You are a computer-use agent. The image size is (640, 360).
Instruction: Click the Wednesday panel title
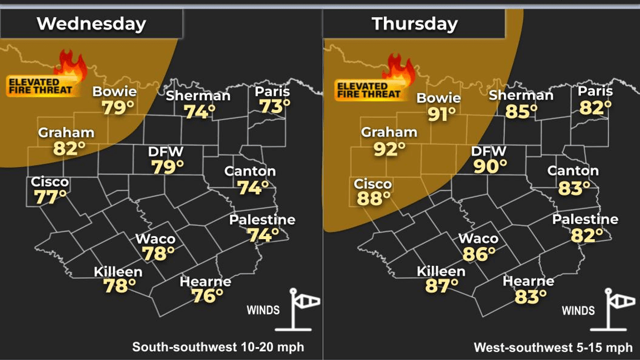click(92, 24)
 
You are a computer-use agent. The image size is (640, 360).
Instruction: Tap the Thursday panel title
click(414, 24)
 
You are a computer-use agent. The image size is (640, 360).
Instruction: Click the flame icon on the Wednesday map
click(70, 65)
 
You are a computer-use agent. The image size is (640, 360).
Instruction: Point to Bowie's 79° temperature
click(117, 108)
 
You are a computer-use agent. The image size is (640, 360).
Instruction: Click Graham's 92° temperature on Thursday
click(389, 149)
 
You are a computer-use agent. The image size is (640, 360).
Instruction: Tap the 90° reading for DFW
click(490, 166)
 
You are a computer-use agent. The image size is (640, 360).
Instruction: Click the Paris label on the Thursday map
click(595, 92)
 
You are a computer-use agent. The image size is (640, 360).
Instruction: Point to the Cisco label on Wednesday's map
click(49, 182)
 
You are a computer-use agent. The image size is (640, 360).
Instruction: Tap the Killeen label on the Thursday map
click(441, 271)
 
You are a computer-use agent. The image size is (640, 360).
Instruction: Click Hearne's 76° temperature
click(207, 296)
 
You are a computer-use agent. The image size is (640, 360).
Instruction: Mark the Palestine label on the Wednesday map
click(262, 220)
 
